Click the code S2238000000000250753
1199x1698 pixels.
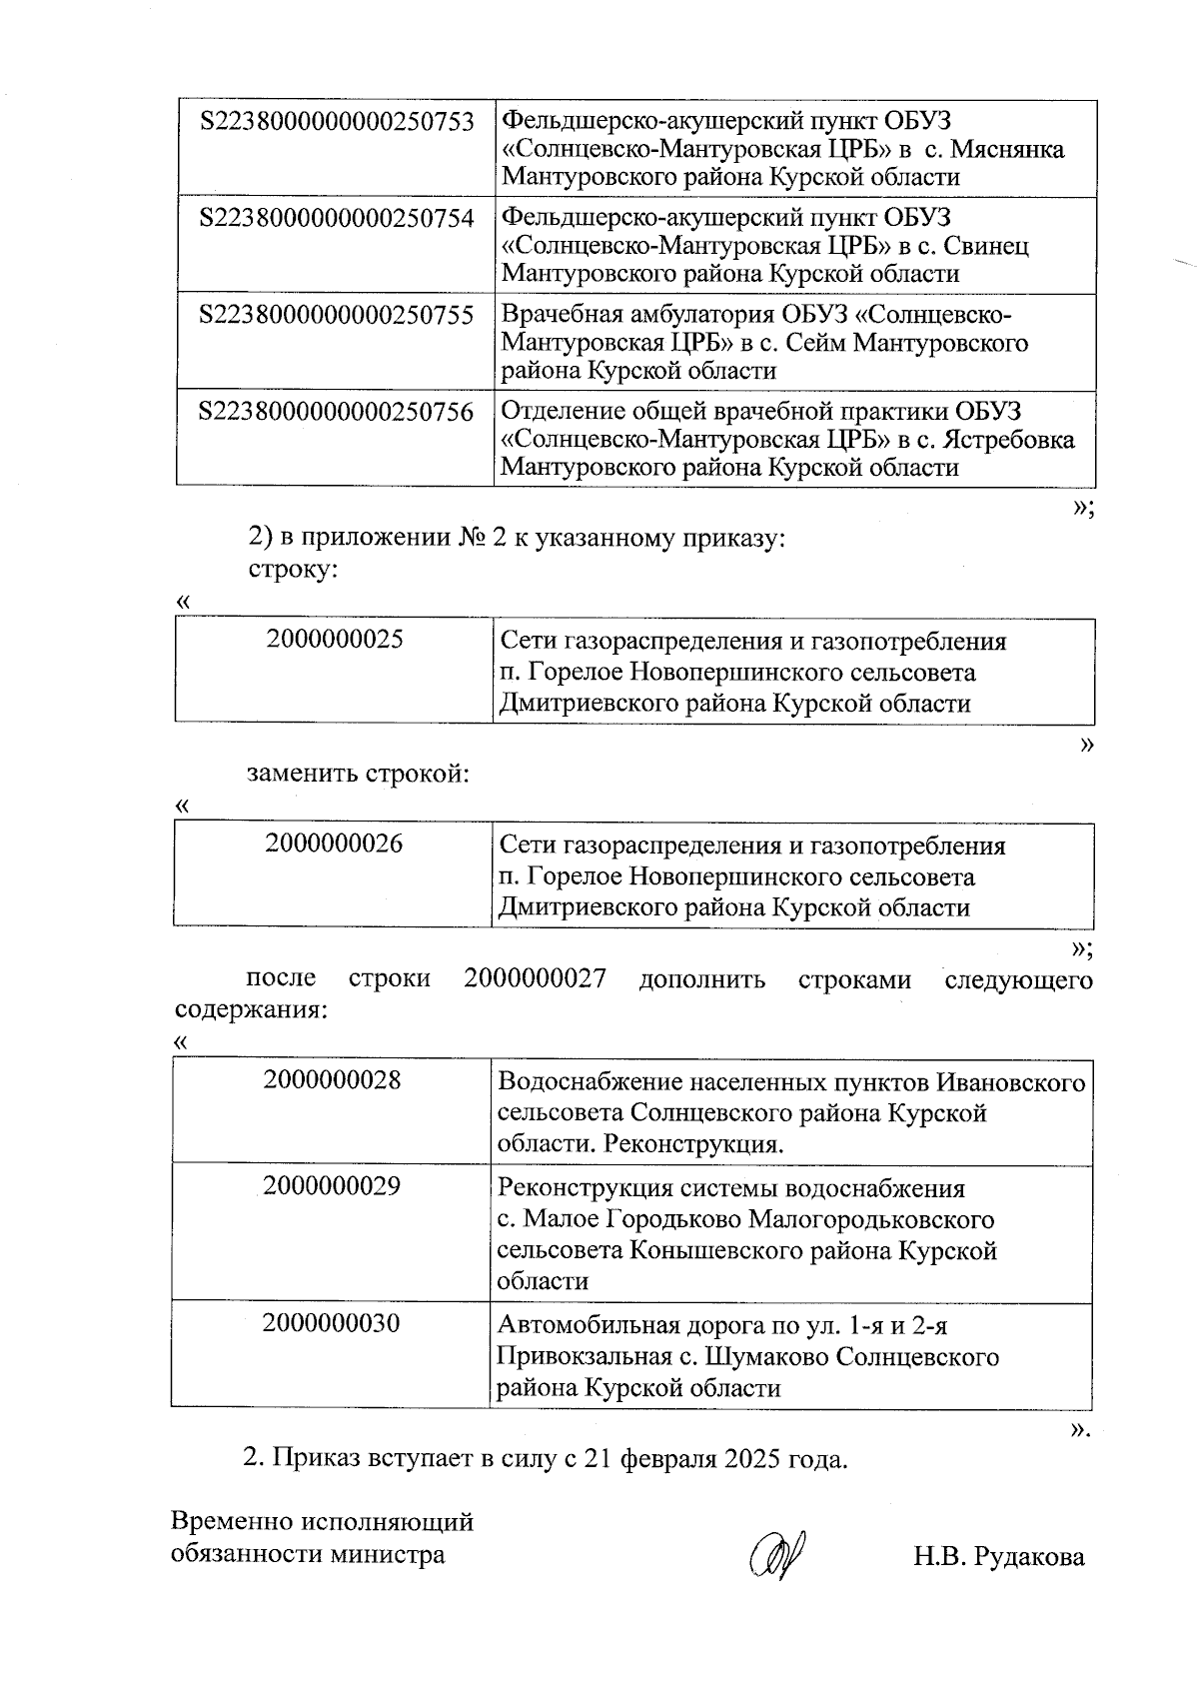[x=337, y=122]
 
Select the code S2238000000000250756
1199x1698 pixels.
[x=337, y=412]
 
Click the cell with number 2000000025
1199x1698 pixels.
[x=335, y=640]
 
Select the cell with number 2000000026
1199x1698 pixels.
[x=335, y=845]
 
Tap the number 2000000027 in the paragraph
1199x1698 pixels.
[x=535, y=978]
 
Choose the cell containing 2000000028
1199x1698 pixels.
[x=333, y=1081]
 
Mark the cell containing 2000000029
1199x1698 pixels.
[x=333, y=1187]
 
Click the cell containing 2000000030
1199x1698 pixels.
[x=332, y=1324]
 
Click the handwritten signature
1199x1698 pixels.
[x=780, y=1556]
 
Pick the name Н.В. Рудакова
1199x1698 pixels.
[x=997, y=1557]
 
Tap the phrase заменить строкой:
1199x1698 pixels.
[x=358, y=775]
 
